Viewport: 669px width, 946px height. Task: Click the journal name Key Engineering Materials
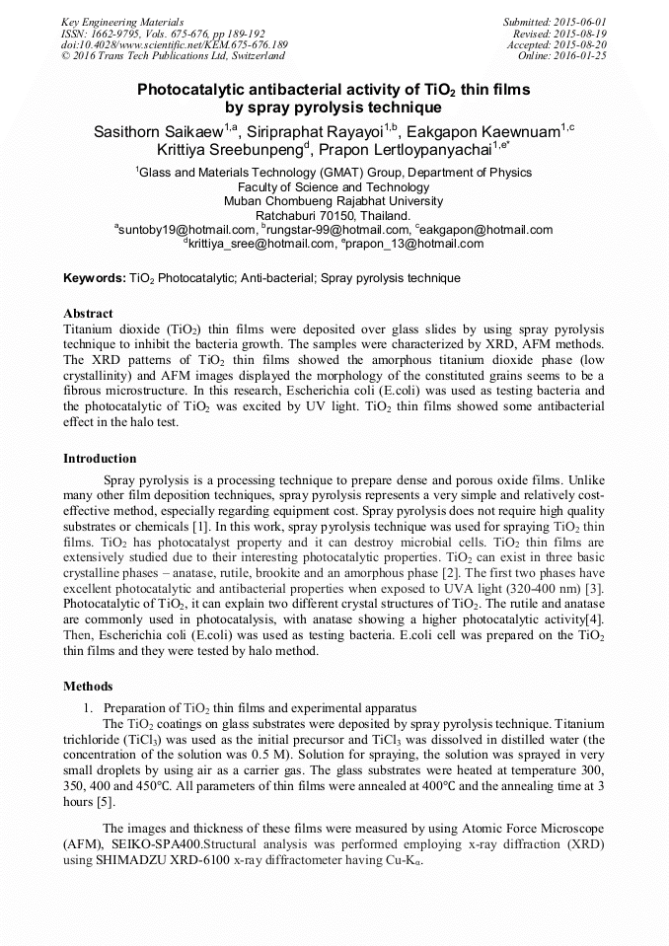[x=121, y=21]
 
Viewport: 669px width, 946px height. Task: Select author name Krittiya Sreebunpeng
[x=230, y=150]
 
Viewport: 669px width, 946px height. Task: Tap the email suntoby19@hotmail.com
[x=187, y=230]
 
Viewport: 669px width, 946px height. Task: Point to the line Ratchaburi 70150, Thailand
[x=334, y=215]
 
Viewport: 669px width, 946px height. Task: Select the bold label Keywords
[x=94, y=279]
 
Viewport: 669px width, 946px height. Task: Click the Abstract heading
[x=88, y=314]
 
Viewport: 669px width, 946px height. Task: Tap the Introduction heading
[x=100, y=459]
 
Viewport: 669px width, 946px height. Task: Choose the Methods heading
[x=88, y=687]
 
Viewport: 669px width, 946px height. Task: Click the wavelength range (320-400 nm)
[x=542, y=588]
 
